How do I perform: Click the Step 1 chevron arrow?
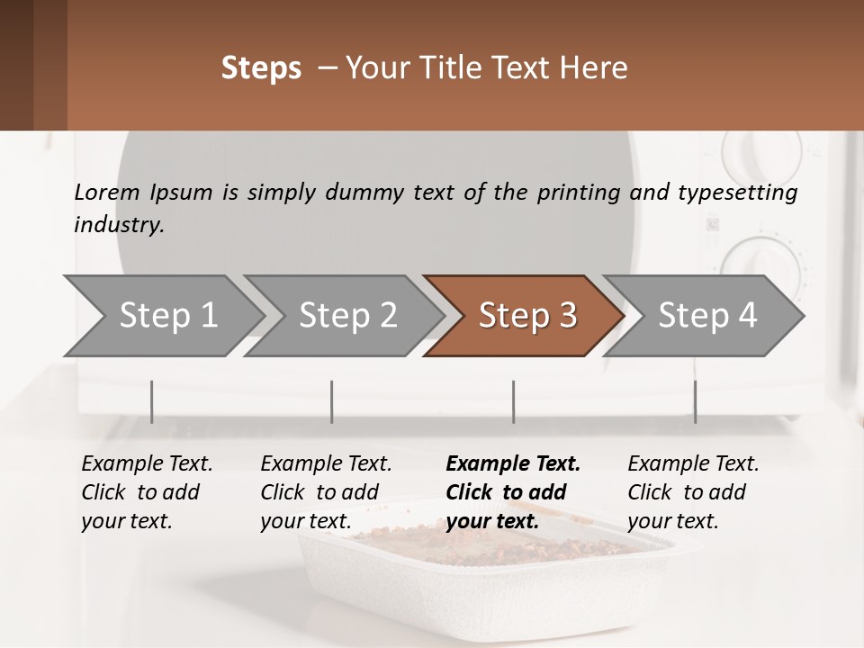tap(167, 316)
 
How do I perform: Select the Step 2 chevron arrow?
tap(347, 316)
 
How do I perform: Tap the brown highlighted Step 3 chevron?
tap(526, 316)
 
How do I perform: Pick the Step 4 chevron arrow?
tap(706, 316)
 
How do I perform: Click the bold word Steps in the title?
tap(261, 68)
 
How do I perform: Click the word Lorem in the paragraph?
tap(106, 193)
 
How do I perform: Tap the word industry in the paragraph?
tap(119, 225)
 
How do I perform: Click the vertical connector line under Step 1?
tap(152, 401)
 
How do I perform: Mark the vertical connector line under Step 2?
tap(332, 401)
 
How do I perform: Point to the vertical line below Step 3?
tap(514, 401)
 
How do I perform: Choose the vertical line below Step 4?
tap(696, 401)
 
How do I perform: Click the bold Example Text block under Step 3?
tap(513, 492)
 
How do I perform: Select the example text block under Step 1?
tap(147, 492)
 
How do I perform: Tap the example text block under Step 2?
tap(326, 492)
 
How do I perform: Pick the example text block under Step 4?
tap(693, 492)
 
